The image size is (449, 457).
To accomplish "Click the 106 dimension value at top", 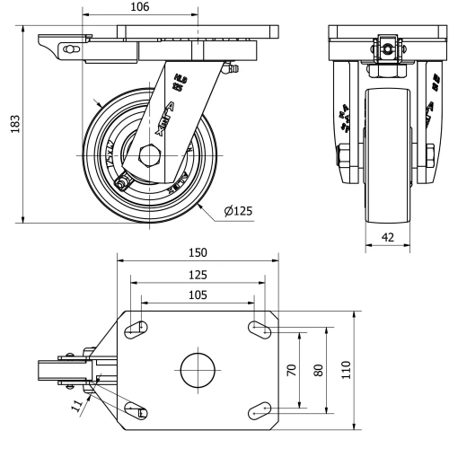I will pos(139,8).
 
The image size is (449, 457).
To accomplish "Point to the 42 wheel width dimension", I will pos(388,238).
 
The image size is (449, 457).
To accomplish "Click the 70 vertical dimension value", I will pos(292,369).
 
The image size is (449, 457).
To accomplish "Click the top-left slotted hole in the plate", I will pos(136,330).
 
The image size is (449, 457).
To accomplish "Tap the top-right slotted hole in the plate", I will pos(260,330).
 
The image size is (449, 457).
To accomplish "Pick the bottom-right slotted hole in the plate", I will pos(260,409).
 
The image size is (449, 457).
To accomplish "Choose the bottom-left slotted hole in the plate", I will pos(136,409).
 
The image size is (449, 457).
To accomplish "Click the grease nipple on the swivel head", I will pos(231,68).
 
